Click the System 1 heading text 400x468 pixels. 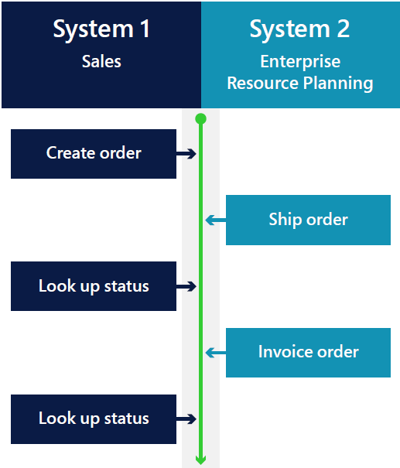pos(101,29)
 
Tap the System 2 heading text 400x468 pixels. pos(299,29)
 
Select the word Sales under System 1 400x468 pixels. pos(101,61)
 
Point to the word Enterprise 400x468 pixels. pos(300,62)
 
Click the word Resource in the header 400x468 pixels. pos(263,83)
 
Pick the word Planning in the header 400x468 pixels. pos(338,84)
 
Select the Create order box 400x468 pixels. pos(94,154)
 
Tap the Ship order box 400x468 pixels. pos(308,220)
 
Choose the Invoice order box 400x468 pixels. pos(308,353)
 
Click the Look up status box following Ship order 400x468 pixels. pos(94,286)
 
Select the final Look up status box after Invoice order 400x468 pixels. pos(94,419)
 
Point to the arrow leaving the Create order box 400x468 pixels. pos(186,154)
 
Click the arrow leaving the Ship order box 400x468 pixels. pos(216,220)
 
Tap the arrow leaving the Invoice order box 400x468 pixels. pos(216,353)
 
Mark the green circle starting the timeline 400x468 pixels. pos(200,119)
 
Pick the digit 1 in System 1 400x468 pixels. pos(145,29)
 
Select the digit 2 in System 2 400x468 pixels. pos(344,29)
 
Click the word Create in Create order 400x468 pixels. pos(71,153)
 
